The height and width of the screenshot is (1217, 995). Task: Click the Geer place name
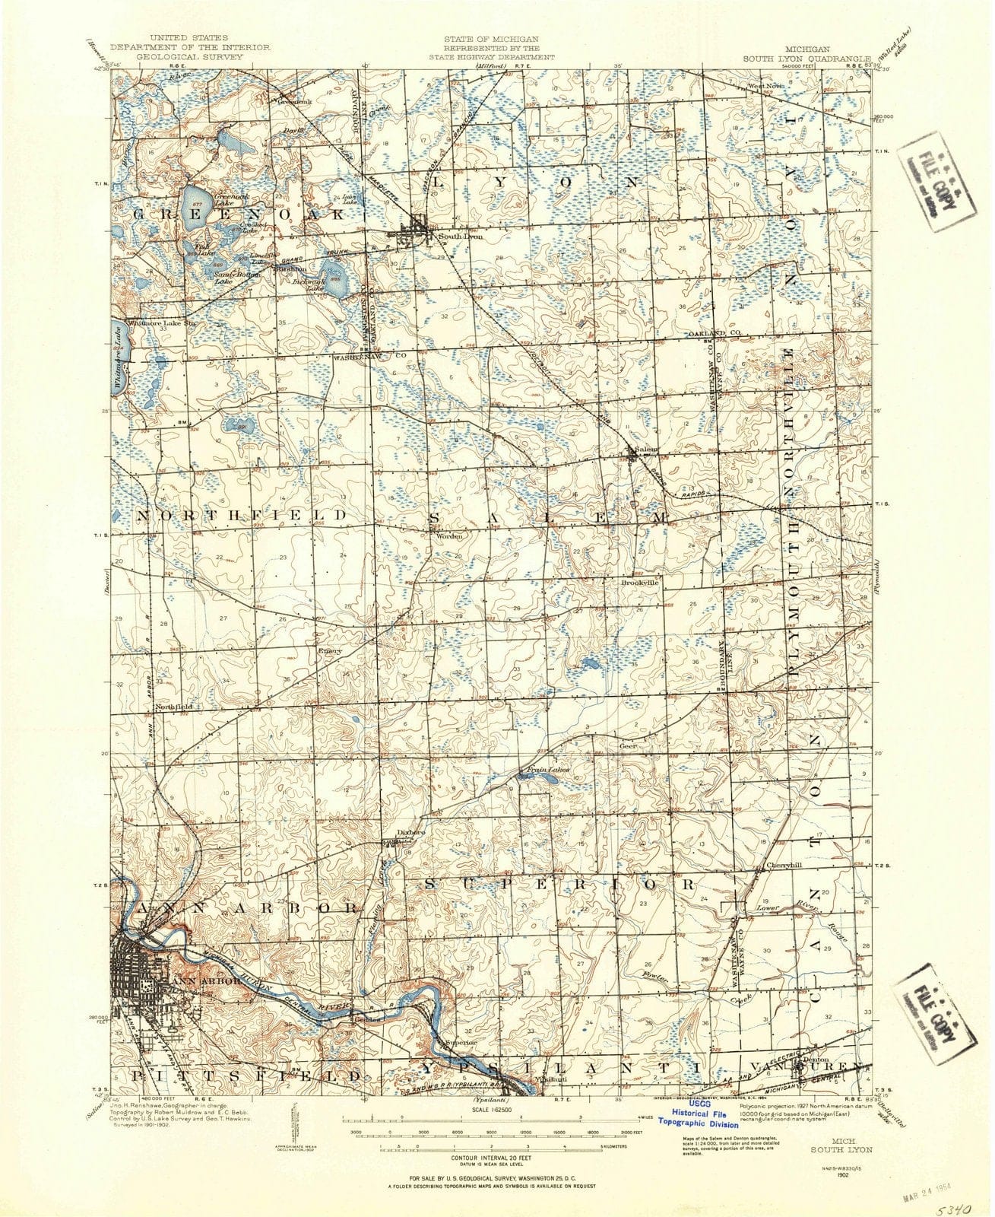coord(627,746)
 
